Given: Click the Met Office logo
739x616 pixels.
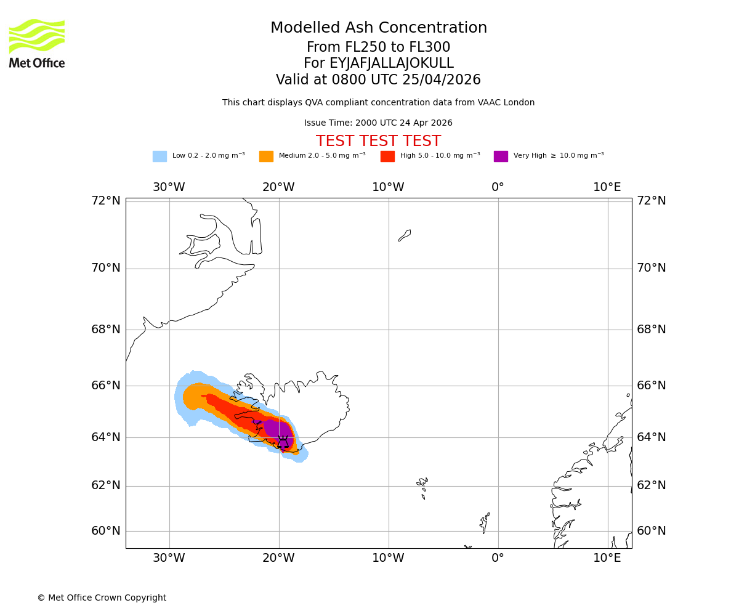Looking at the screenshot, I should coord(37,43).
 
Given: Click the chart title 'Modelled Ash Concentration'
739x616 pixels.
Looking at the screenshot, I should coord(379,28).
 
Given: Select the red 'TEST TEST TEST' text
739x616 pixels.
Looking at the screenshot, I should coord(378,142).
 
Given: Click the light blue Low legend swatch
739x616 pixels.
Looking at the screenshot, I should coord(160,156).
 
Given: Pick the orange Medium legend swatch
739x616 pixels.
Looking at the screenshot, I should coord(266,156).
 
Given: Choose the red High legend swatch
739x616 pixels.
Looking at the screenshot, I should coord(387,156).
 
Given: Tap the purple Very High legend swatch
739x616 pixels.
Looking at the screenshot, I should coord(501,156).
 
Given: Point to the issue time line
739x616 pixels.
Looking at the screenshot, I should coord(378,123).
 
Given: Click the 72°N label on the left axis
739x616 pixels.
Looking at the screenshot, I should coord(106,201).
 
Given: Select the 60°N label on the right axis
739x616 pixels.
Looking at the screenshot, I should coord(652,531).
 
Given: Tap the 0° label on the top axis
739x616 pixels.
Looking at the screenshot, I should coord(498,187).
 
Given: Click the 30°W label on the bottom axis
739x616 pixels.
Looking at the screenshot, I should coord(169,558).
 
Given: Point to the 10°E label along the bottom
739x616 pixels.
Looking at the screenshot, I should coord(607,558).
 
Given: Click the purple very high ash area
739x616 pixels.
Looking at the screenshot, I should coord(277,429).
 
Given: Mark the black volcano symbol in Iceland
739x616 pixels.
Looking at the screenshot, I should coord(283,442).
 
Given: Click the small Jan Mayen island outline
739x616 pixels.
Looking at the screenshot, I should coord(405,235).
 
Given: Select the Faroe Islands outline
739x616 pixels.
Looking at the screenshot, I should coord(422,487).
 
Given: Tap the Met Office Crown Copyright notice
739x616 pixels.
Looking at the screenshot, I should coord(102,598).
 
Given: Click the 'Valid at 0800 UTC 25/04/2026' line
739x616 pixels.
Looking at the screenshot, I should coord(378,80).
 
